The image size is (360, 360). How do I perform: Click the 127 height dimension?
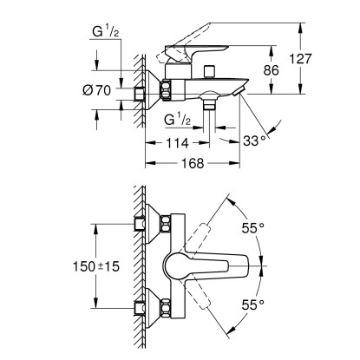point(301,59)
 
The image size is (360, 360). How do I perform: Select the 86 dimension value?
point(272,70)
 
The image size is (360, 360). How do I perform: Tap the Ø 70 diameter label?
point(96,90)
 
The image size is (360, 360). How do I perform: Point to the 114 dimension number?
point(177,142)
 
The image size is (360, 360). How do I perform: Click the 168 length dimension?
point(193,163)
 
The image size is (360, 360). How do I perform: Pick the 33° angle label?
point(254,141)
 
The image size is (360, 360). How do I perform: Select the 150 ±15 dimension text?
point(95,266)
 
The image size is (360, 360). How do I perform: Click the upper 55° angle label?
point(253,228)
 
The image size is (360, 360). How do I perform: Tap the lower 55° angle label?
point(253,304)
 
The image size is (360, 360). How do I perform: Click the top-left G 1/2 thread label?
point(106,31)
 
